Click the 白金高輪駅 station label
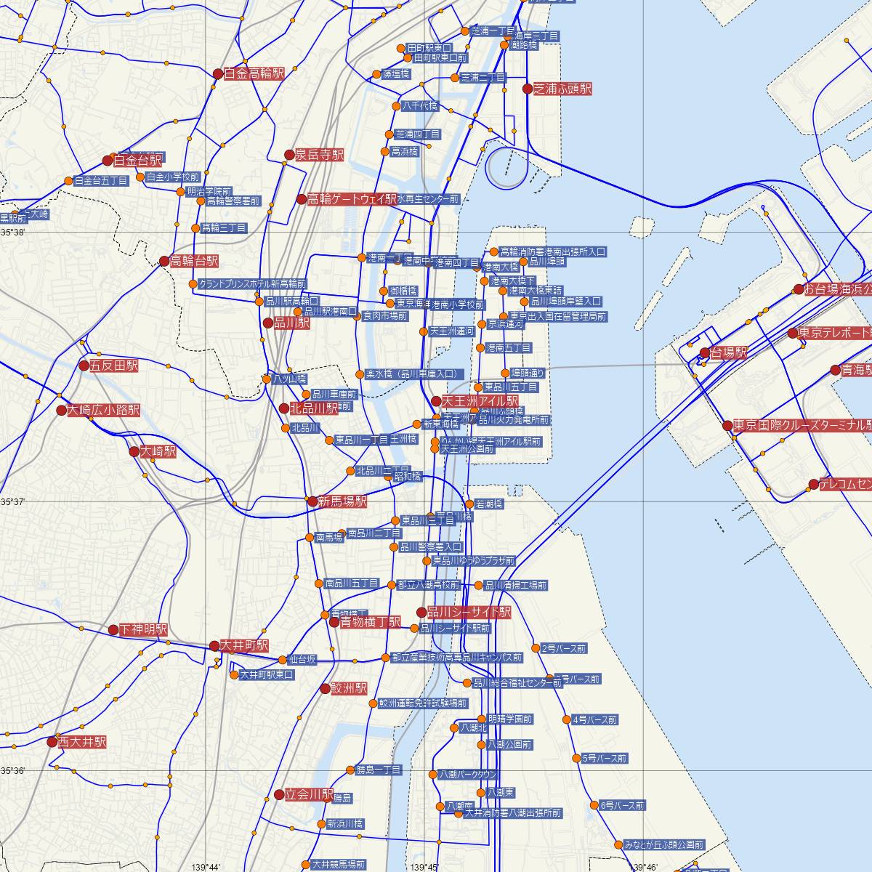pyautogui.click(x=254, y=73)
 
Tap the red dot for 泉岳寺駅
pyautogui.click(x=289, y=155)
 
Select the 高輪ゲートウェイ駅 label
pyautogui.click(x=352, y=199)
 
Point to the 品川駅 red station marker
pyautogui.click(x=268, y=323)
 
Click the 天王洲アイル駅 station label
pyautogui.click(x=480, y=401)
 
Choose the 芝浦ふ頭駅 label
pyautogui.click(x=562, y=89)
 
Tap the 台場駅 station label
pyautogui.click(x=729, y=353)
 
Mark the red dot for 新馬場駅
pyautogui.click(x=312, y=501)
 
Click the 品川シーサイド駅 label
pyautogui.click(x=469, y=613)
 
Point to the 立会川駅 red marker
pyautogui.click(x=279, y=795)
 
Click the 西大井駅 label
pyautogui.click(x=82, y=742)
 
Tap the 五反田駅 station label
pyautogui.click(x=113, y=366)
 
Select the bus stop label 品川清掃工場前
pyautogui.click(x=515, y=585)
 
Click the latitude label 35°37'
pyautogui.click(x=13, y=502)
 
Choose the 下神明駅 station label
pyautogui.click(x=143, y=629)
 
